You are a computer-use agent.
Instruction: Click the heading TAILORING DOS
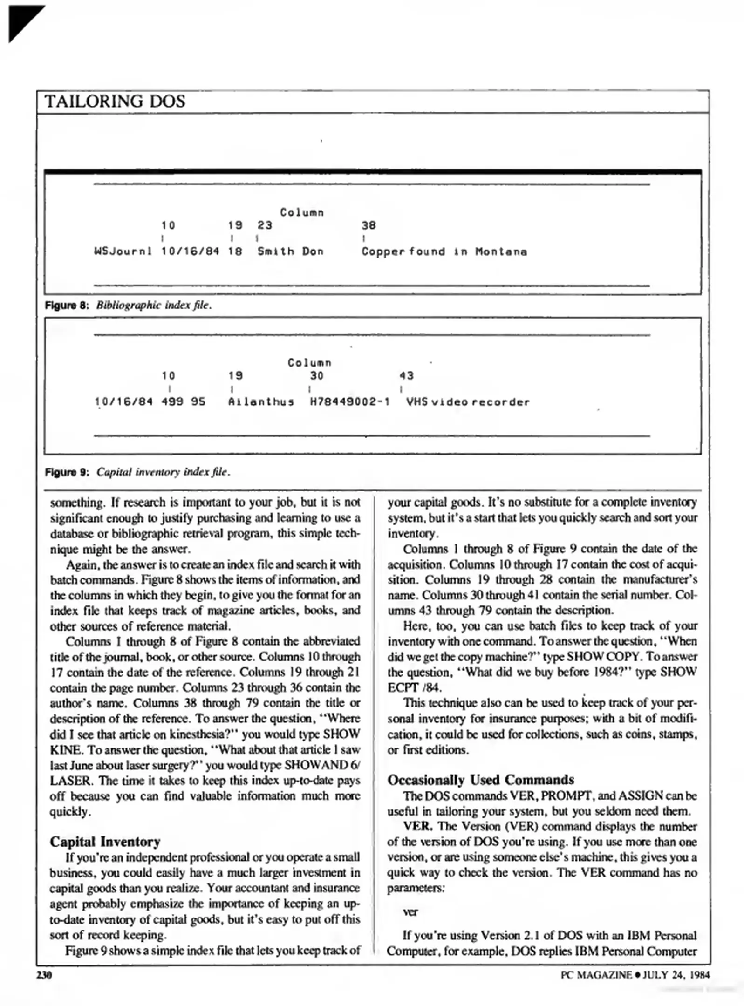point(115,101)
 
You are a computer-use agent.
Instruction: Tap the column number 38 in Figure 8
point(368,225)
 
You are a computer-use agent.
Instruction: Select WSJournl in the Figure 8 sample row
point(123,251)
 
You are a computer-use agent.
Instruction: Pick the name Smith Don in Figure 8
point(290,251)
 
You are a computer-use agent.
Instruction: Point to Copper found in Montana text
point(444,251)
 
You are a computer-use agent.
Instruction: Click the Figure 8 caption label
point(66,306)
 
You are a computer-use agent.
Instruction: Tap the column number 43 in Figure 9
point(406,375)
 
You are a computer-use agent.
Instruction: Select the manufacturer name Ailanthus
point(261,401)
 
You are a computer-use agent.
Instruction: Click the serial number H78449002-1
point(350,401)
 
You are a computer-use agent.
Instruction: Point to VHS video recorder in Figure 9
point(468,401)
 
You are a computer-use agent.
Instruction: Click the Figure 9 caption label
point(66,472)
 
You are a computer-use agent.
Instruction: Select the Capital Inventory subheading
point(105,842)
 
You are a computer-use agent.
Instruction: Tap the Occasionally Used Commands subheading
point(480,780)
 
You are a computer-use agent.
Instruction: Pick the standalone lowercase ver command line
point(410,912)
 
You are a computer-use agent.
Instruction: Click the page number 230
point(44,975)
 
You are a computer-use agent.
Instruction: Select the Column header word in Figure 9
point(309,363)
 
